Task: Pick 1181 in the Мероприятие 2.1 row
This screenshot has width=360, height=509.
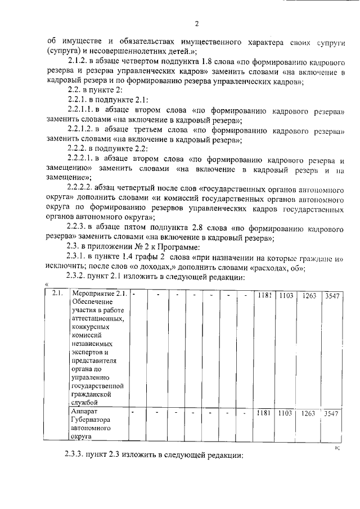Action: pos(264,295)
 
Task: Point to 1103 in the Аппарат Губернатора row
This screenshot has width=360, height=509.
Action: pos(286,413)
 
